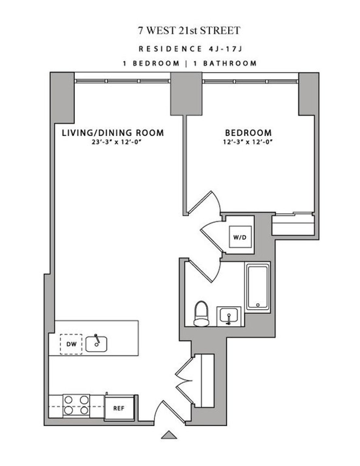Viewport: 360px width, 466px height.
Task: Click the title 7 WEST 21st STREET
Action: [189, 30]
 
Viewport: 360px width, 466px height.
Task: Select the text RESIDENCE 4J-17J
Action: [190, 49]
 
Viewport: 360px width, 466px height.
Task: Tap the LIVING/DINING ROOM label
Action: [113, 133]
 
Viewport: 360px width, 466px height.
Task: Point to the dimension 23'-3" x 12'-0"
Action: [117, 142]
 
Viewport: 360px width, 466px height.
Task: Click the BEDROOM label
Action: [248, 133]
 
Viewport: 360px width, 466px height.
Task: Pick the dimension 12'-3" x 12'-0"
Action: [248, 142]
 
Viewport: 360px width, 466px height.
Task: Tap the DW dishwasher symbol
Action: [71, 344]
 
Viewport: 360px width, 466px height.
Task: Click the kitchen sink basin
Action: [96, 344]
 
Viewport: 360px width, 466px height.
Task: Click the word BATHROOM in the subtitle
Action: [230, 63]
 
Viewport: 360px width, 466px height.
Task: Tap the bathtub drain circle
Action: [258, 305]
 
